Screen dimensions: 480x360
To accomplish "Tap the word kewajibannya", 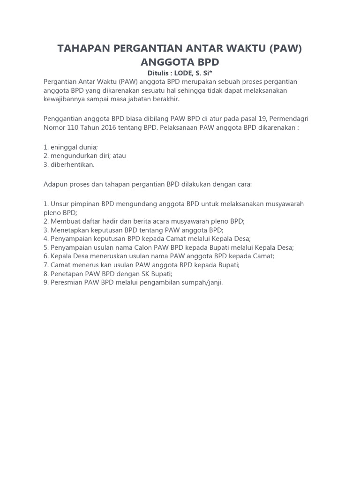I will tap(66, 99).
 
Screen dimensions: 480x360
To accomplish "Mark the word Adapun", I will tap(55, 184).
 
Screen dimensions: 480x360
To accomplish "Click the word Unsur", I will tap(59, 204).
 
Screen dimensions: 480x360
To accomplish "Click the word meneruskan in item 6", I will tap(112, 256).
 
